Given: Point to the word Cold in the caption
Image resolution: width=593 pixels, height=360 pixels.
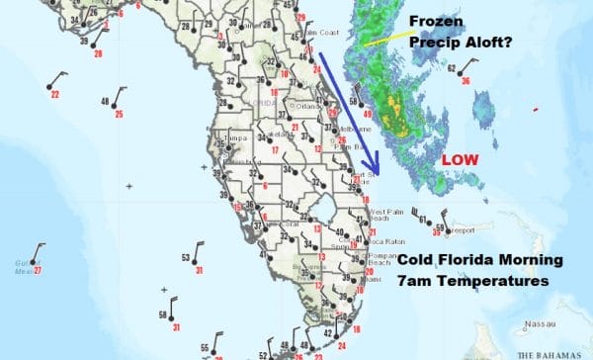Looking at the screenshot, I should coord(417,262).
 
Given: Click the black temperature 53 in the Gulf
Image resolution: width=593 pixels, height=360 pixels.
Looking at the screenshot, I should coord(185,257).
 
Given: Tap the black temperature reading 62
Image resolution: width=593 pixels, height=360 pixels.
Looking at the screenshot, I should coord(452,68).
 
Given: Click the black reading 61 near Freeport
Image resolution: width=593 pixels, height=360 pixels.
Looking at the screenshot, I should coord(422,219).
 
